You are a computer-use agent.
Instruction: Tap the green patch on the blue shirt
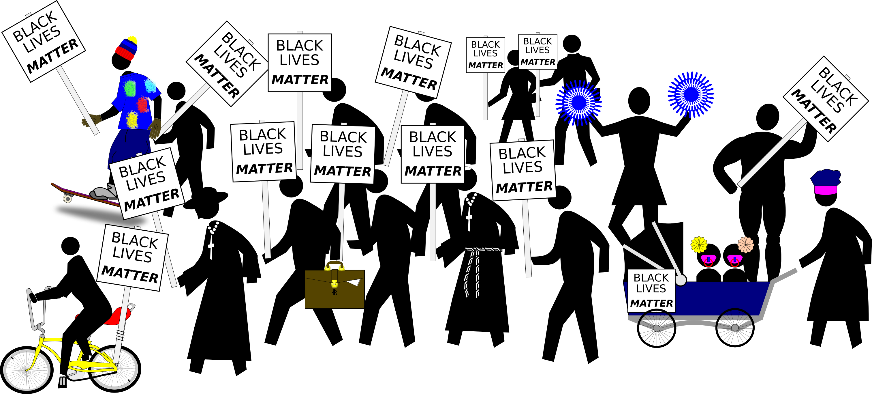tap(129, 88)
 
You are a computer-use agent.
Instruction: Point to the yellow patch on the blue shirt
tap(132, 119)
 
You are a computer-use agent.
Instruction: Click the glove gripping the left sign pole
tap(91, 120)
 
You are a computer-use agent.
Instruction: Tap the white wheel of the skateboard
tap(68, 199)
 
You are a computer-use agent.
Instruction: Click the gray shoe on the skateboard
tap(103, 193)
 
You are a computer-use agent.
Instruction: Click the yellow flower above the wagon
tap(699, 244)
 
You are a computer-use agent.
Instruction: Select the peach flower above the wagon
tap(745, 244)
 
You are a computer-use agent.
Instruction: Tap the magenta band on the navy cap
tap(825, 190)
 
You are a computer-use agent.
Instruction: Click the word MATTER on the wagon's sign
tap(651, 303)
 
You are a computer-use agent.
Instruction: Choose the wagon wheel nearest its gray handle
tap(734, 325)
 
